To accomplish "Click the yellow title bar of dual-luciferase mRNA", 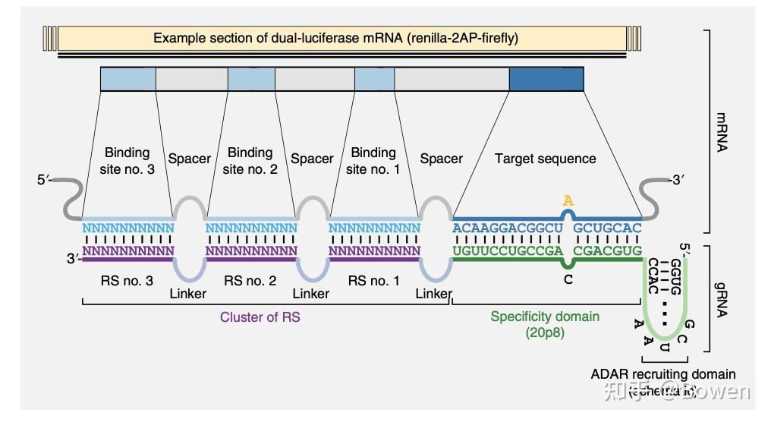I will [335, 38].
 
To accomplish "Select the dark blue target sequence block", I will [546, 79].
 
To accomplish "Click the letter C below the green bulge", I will [567, 279].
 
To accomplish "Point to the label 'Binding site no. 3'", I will [127, 161].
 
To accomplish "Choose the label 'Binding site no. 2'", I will [250, 161].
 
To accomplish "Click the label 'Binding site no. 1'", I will [373, 161].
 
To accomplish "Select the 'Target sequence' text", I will [545, 159].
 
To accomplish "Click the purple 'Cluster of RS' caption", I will [260, 317].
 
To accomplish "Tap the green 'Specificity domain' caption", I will [544, 316].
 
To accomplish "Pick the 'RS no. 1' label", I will [373, 281].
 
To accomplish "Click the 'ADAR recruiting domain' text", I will [662, 373].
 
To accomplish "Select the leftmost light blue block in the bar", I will [127, 79].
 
